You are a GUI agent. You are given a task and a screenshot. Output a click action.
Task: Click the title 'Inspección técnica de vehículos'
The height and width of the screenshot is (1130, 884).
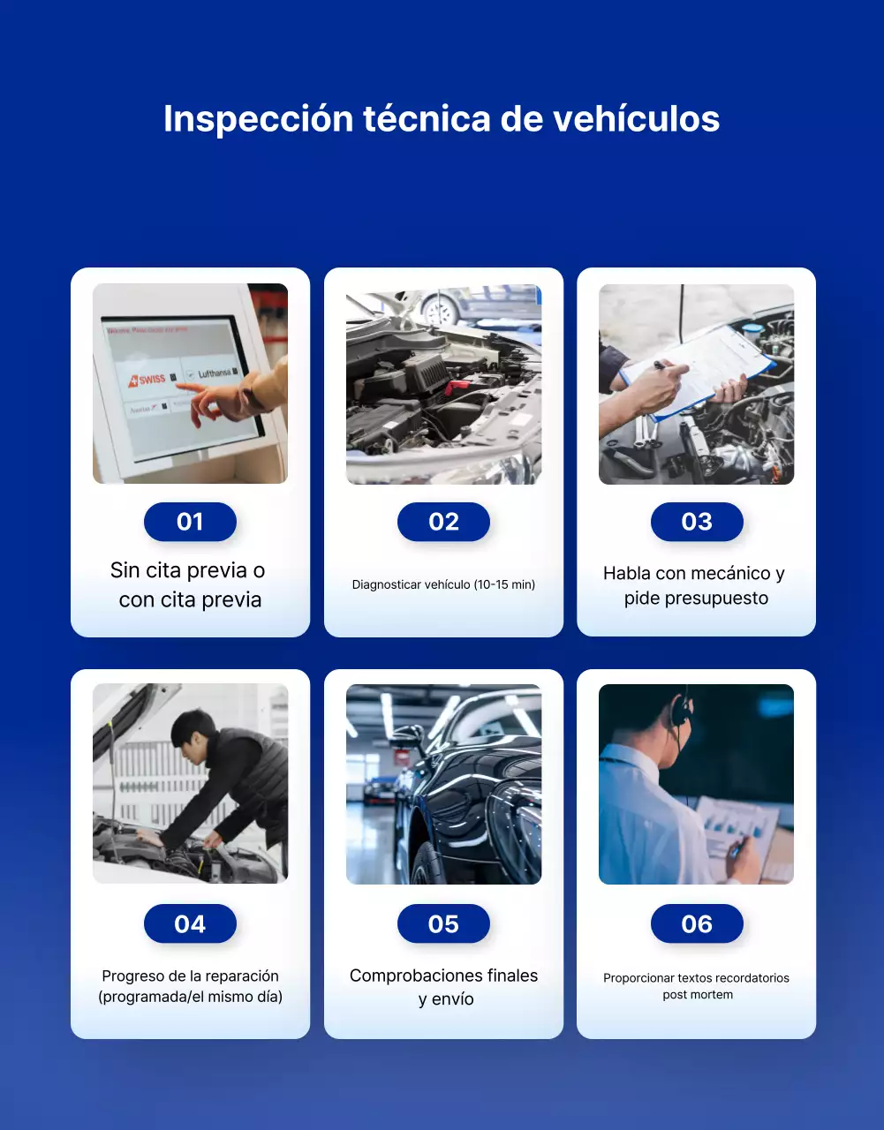click(442, 119)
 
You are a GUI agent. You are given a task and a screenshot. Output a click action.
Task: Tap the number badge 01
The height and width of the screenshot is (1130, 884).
click(190, 522)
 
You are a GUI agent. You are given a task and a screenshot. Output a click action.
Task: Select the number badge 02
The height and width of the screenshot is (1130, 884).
click(443, 522)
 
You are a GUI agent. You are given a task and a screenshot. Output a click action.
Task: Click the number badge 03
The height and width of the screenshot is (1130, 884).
click(696, 522)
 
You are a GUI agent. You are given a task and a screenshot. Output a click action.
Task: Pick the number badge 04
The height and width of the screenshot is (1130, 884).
click(190, 923)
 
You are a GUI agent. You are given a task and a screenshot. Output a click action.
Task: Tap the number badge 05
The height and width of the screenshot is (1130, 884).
click(443, 923)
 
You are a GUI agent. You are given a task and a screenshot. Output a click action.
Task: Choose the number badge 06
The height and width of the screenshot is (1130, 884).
click(696, 923)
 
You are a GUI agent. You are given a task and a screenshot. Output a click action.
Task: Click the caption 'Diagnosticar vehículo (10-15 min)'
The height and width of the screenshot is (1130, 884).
click(443, 584)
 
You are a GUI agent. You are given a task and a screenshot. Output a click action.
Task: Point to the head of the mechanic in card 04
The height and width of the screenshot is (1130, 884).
click(192, 733)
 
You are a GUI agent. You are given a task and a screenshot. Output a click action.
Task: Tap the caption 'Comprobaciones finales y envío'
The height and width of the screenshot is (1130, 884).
click(443, 987)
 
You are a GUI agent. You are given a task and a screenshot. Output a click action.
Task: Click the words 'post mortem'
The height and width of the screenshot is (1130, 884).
click(698, 995)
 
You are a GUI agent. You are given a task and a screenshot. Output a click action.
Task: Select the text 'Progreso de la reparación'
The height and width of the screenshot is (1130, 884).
click(190, 976)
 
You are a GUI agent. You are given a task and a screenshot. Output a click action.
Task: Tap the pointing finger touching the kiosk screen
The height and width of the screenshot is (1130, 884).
click(196, 409)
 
